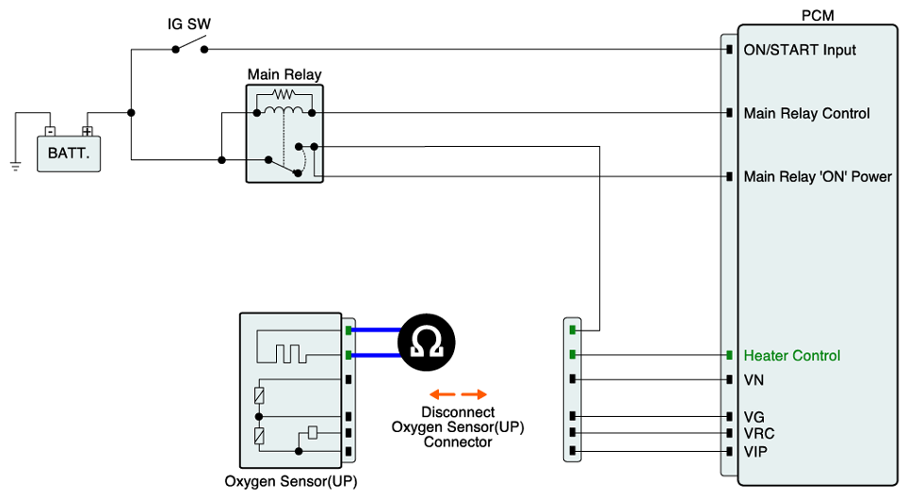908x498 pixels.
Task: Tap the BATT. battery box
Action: [68, 153]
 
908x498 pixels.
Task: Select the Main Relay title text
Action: [284, 74]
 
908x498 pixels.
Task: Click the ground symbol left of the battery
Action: [15, 166]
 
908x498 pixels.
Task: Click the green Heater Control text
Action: [792, 356]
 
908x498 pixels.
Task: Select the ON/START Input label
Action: [800, 49]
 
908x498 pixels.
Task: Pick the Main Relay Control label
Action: [806, 114]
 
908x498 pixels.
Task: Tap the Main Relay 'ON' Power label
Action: [818, 177]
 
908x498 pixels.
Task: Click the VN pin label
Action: [754, 380]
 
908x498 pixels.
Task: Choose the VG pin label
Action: [754, 416]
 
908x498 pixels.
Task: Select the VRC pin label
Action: [758, 434]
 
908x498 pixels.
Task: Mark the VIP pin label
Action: [755, 453]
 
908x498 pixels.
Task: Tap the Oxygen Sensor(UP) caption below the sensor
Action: [291, 481]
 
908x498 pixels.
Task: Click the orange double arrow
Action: [458, 394]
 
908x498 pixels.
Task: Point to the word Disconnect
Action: [458, 412]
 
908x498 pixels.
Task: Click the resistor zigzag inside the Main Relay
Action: [284, 95]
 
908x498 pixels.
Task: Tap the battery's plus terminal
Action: [87, 132]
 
